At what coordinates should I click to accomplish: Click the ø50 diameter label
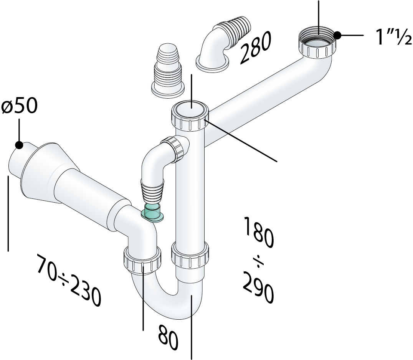tap(19, 106)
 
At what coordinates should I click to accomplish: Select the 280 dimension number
tap(255, 48)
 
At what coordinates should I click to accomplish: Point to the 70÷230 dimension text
tap(68, 280)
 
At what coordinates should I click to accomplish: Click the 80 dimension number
tap(169, 338)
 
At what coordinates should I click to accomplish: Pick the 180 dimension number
tap(259, 232)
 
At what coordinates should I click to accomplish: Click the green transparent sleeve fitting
tap(152, 213)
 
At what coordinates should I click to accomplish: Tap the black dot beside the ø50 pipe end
tap(19, 145)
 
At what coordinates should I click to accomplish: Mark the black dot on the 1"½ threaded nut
tap(337, 35)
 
